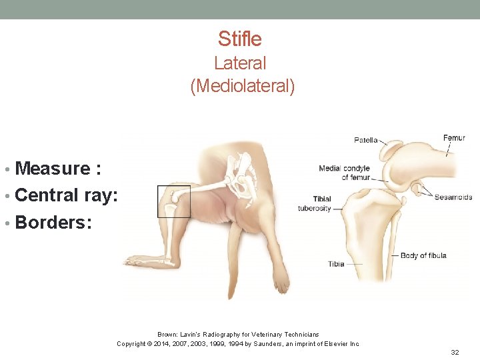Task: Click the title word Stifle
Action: [239, 39]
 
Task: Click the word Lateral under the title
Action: [240, 63]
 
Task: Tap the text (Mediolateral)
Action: [242, 87]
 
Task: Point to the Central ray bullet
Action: [66, 195]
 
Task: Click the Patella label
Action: [365, 141]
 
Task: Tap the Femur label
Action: [454, 138]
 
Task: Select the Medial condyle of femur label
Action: [344, 173]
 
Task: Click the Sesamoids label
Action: [453, 197]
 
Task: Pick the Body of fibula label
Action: [423, 255]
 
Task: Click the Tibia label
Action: [336, 264]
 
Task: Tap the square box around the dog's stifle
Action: [173, 201]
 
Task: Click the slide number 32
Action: [455, 351]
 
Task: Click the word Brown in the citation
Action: [166, 334]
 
